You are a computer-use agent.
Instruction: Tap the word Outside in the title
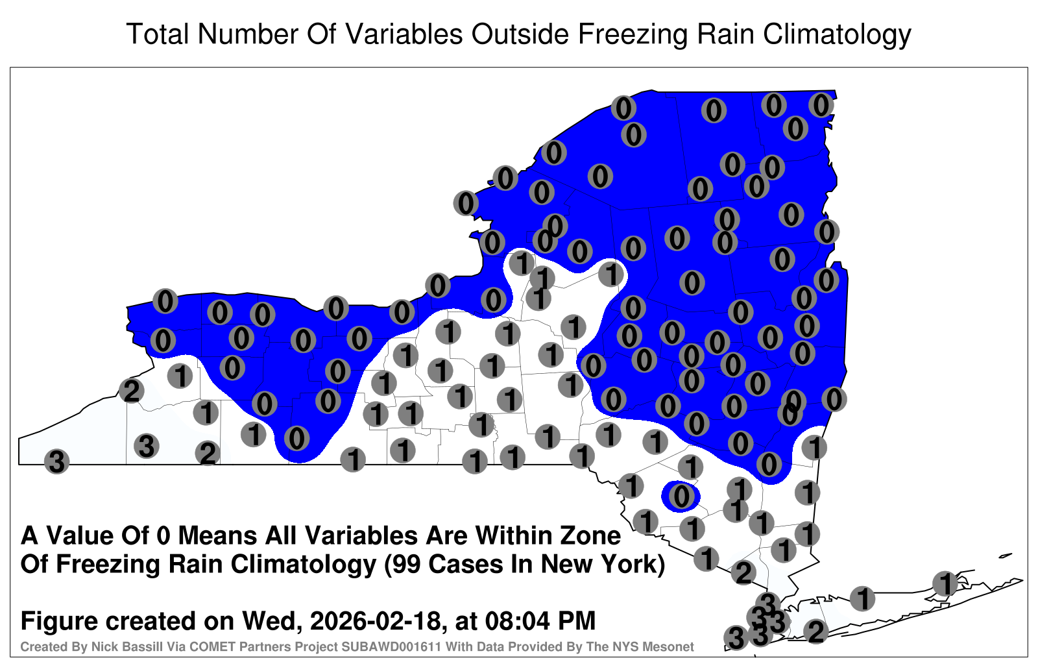click(x=520, y=34)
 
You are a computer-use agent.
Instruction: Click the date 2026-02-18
click(x=374, y=620)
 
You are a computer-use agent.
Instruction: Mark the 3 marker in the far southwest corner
click(x=56, y=461)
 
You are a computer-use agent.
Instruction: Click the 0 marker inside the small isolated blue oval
click(x=681, y=496)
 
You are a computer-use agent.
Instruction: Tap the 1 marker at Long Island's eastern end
click(x=945, y=583)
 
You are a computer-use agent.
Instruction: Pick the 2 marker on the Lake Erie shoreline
click(x=131, y=391)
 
